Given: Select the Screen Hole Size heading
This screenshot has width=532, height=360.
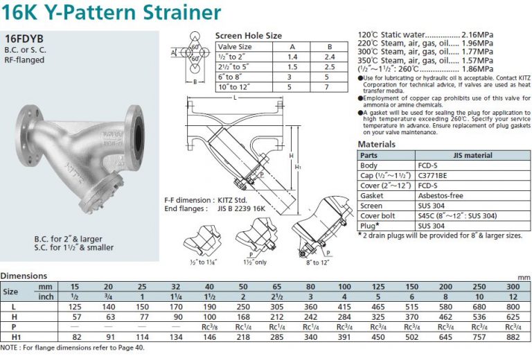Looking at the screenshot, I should pyautogui.click(x=248, y=36).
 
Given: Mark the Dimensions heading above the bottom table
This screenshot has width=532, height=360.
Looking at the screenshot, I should pyautogui.click(x=24, y=276).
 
